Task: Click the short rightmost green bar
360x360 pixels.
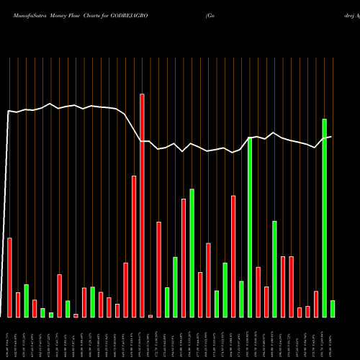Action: (333, 309)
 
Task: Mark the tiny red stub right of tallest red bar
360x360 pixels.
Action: (150, 316)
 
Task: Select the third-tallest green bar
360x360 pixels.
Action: (192, 253)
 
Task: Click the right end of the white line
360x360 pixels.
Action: (331, 137)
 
